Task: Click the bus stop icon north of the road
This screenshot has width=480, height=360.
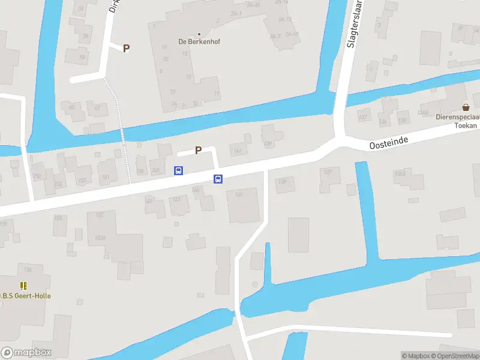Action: [x=179, y=170]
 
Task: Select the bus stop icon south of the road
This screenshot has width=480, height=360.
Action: [x=218, y=179]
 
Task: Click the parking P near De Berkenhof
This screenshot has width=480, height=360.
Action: [x=126, y=49]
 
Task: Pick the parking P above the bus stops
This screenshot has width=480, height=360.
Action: [x=198, y=151]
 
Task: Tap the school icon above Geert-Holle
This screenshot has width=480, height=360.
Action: [x=24, y=286]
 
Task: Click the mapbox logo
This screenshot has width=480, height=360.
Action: [x=26, y=353]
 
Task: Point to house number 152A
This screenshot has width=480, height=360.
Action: [x=100, y=238]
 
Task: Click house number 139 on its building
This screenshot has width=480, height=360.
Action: [x=268, y=143]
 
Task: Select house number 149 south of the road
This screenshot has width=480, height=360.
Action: [x=149, y=201]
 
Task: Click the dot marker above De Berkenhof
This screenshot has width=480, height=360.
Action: [x=199, y=34]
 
